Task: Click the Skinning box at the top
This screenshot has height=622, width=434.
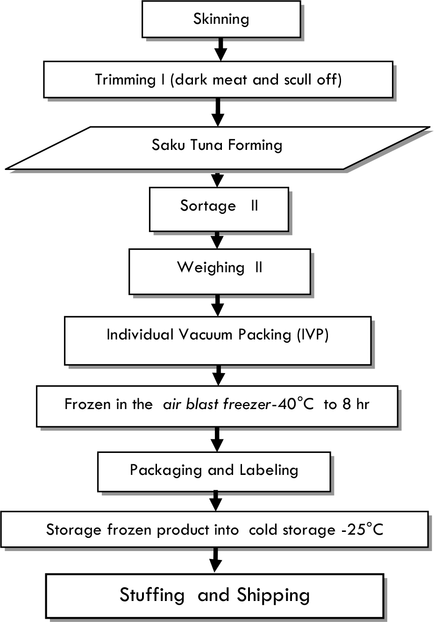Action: pyautogui.click(x=221, y=20)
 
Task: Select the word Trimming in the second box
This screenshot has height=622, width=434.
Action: pyautogui.click(x=125, y=79)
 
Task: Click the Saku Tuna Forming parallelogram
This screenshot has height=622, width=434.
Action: pyautogui.click(x=217, y=146)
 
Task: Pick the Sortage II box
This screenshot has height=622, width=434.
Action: pyautogui.click(x=219, y=209)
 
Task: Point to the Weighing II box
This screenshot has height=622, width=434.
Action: pyautogui.click(x=220, y=271)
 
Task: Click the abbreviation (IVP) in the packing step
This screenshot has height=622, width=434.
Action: pyautogui.click(x=313, y=334)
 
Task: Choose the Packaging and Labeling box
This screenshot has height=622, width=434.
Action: pyautogui.click(x=214, y=471)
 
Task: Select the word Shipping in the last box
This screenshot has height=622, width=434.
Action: pyautogui.click(x=273, y=595)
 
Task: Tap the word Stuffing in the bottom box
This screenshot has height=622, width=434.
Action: pyautogui.click(x=152, y=595)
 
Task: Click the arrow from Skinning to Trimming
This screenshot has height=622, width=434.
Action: pyautogui.click(x=221, y=49)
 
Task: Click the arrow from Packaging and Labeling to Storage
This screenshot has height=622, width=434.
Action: pyautogui.click(x=215, y=501)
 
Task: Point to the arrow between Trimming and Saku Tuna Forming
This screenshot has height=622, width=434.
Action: pyautogui.click(x=217, y=112)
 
